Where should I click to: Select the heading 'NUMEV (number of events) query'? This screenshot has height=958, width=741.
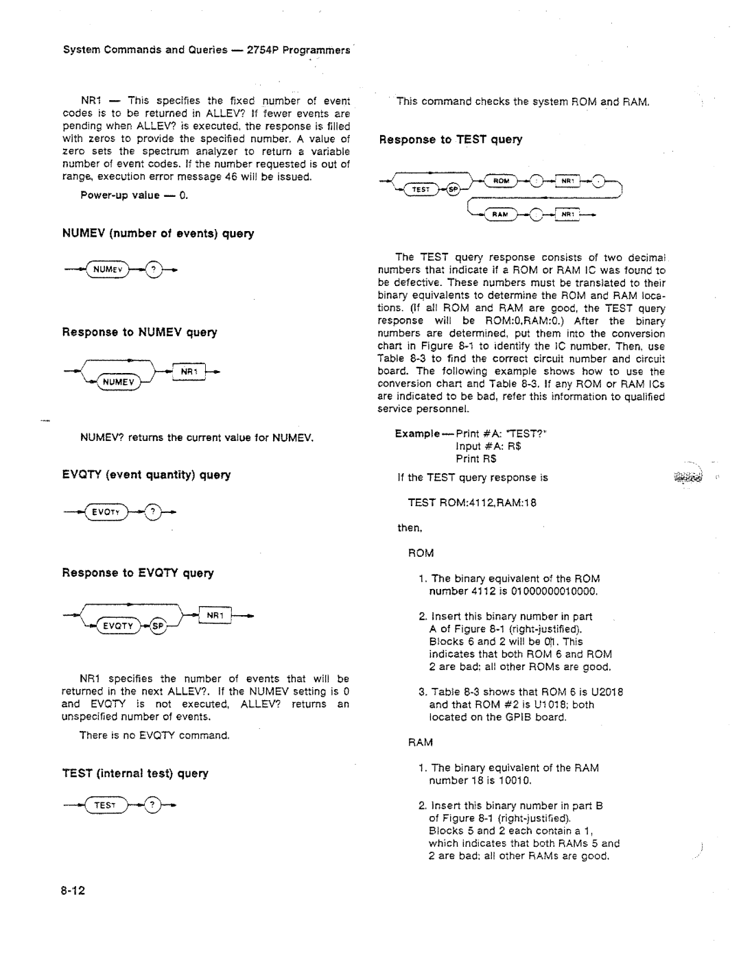click(x=158, y=234)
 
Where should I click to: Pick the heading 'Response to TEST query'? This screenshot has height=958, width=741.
click(x=451, y=139)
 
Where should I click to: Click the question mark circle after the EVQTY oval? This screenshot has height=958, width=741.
click(x=154, y=512)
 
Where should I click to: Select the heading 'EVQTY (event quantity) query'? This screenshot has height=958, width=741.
click(x=147, y=475)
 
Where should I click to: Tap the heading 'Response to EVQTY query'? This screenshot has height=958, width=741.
click(x=139, y=573)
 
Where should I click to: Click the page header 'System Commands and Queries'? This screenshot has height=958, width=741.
click(x=145, y=50)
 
